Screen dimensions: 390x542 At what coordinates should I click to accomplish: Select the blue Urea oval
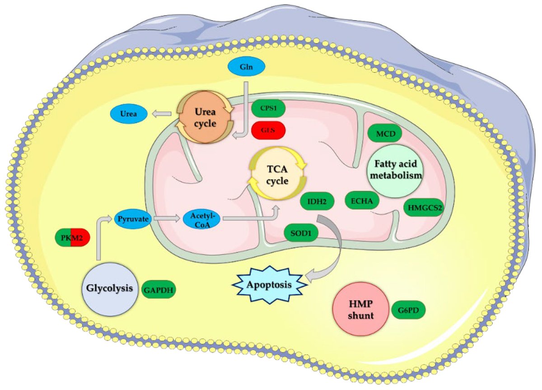(x=129, y=113)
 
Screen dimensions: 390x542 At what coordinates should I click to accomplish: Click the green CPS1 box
(x=269, y=109)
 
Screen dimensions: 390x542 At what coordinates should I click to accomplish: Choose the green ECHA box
(x=362, y=201)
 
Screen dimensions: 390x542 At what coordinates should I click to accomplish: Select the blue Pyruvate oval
(x=131, y=219)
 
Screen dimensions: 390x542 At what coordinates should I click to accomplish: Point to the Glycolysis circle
(x=110, y=288)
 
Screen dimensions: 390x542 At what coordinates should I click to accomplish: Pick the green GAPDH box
(x=159, y=289)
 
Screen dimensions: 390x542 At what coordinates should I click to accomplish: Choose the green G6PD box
(x=408, y=311)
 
